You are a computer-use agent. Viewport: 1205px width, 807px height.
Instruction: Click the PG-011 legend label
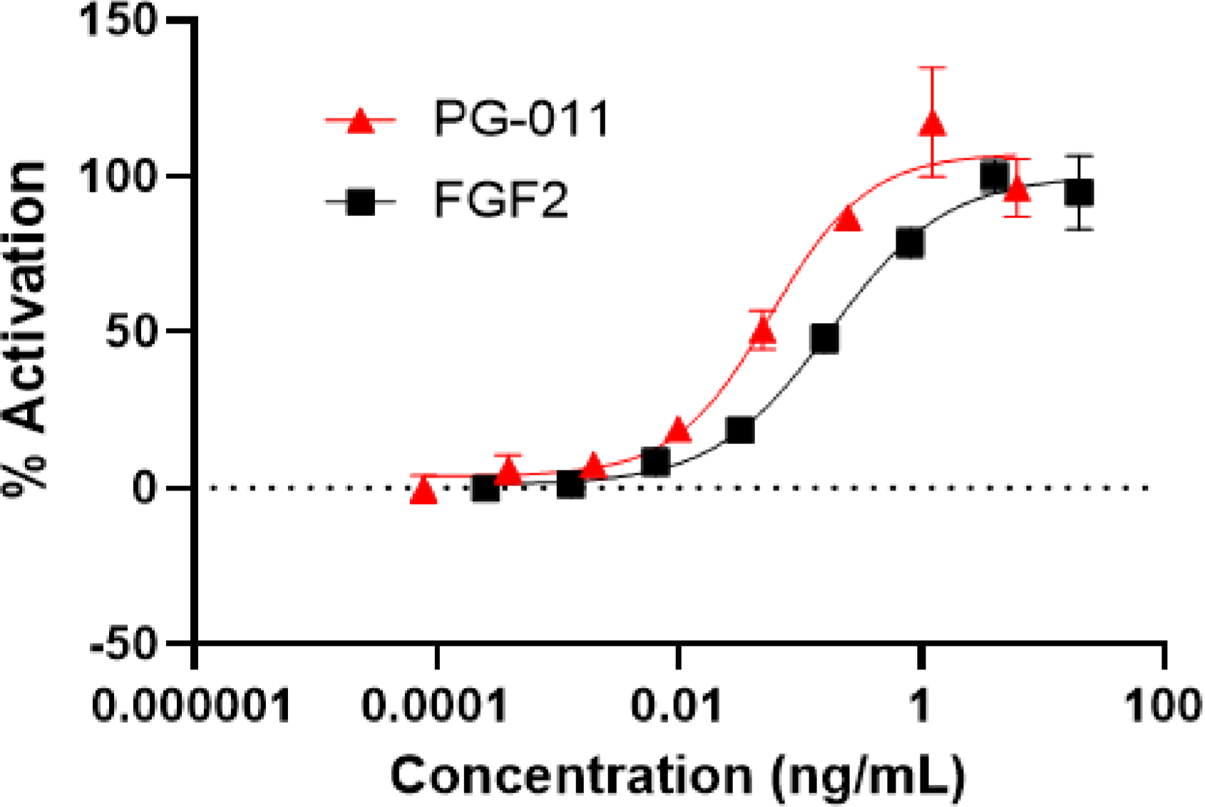click(521, 118)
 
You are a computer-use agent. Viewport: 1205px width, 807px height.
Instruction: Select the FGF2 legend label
click(501, 200)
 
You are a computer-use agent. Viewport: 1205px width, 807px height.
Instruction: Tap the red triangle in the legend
click(361, 121)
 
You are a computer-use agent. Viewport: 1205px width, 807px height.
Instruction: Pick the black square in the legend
click(361, 203)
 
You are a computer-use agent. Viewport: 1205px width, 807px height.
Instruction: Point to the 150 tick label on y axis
click(118, 21)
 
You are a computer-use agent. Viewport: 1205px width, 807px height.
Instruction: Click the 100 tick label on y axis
click(118, 176)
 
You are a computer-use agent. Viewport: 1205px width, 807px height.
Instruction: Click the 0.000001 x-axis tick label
click(193, 706)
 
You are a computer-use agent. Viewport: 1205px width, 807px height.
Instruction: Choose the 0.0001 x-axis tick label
click(435, 706)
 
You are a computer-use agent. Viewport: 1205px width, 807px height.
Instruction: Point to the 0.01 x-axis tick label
click(678, 706)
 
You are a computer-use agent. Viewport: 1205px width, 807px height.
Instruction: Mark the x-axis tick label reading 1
click(921, 706)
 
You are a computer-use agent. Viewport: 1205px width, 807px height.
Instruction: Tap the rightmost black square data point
click(1080, 193)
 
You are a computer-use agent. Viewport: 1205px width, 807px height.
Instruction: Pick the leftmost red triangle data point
click(424, 491)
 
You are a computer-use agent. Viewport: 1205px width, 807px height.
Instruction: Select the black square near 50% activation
click(825, 339)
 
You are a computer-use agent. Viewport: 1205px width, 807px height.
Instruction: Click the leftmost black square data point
click(486, 489)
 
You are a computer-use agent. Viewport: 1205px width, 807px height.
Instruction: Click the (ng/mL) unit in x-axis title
click(868, 776)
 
